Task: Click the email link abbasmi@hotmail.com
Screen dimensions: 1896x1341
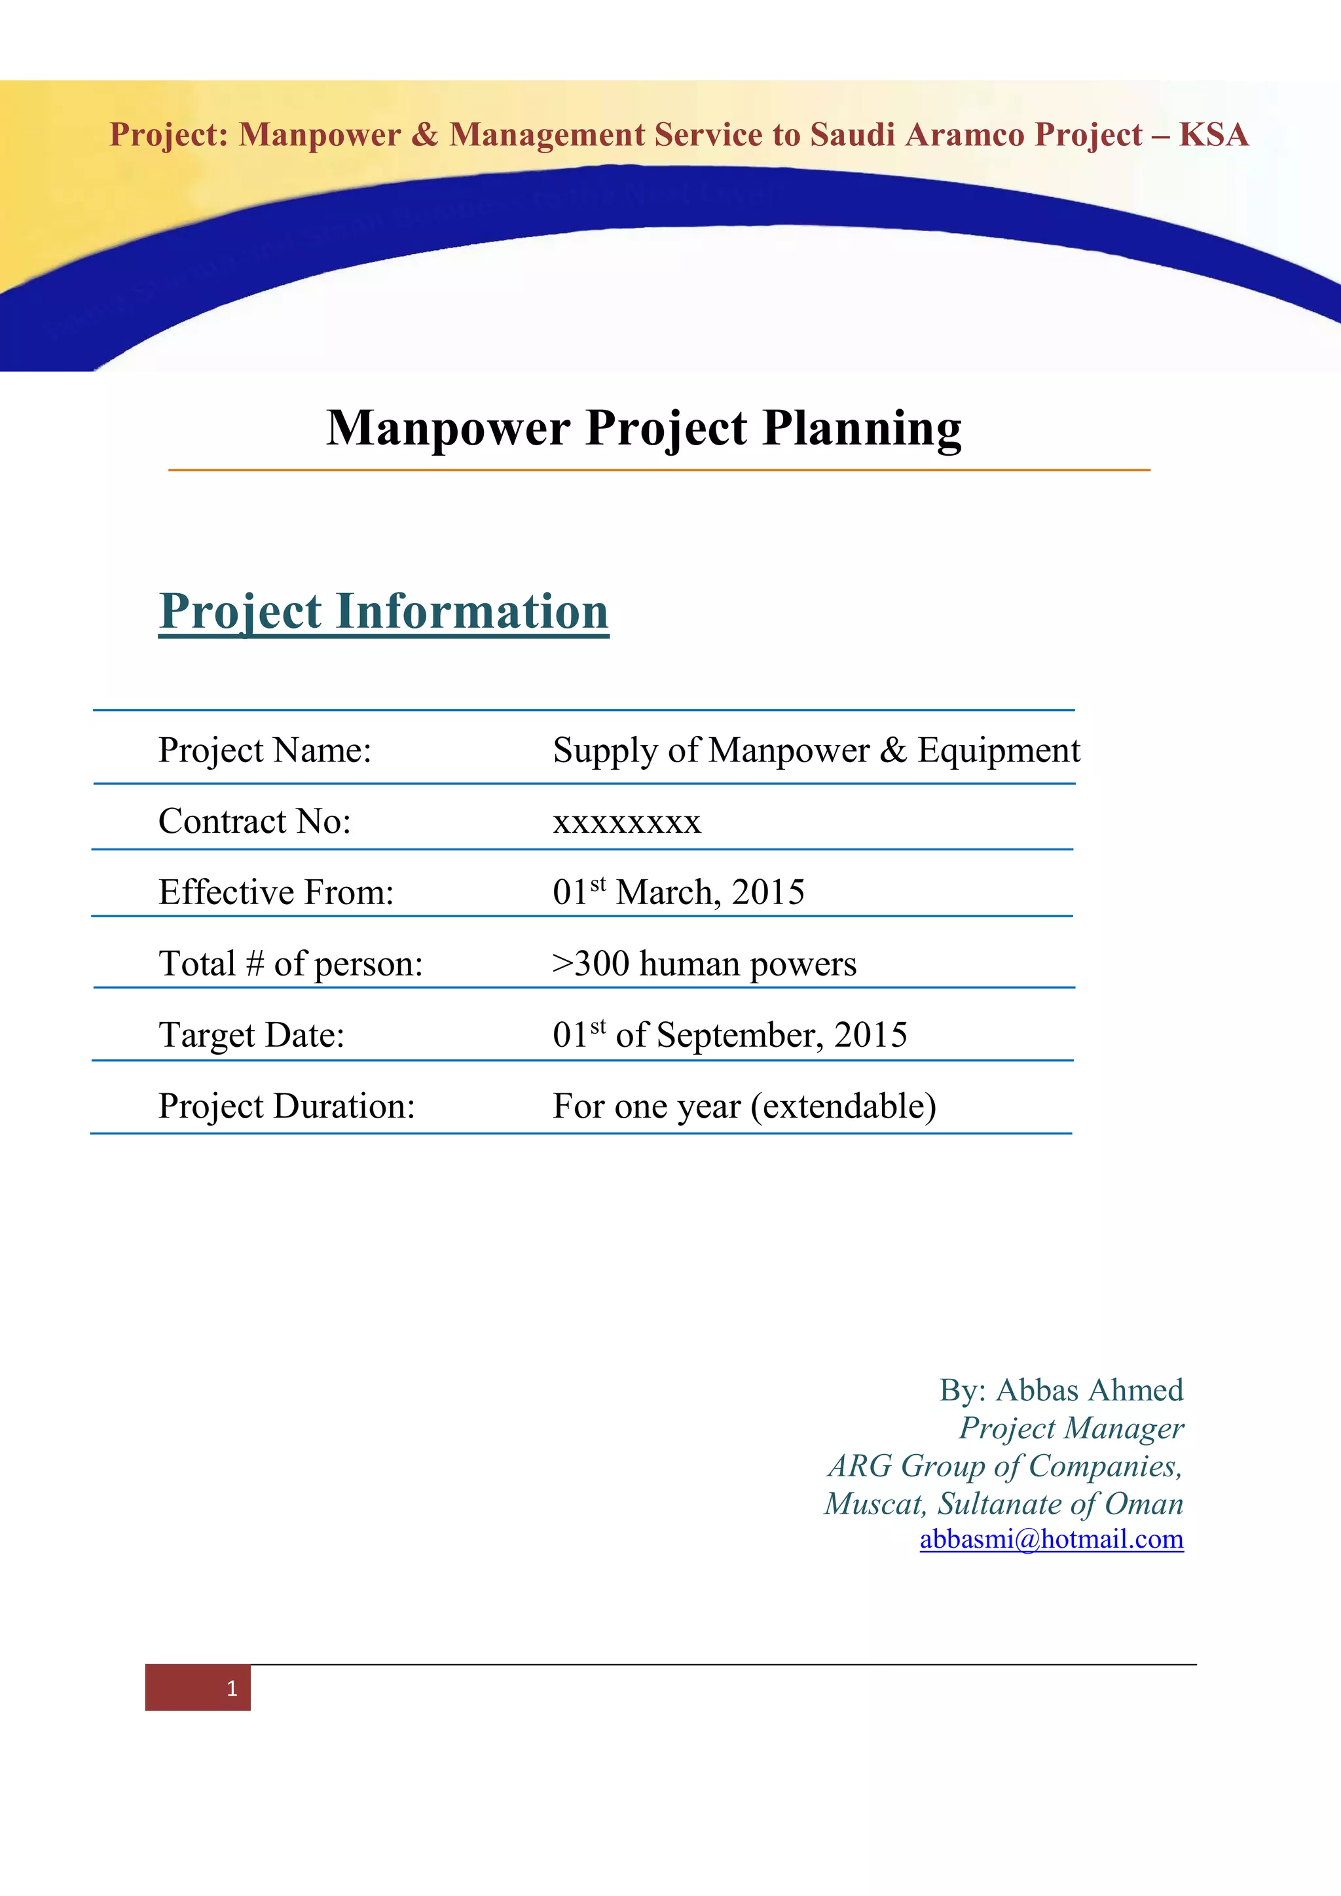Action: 1051,1539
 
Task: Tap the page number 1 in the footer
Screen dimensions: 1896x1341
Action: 232,1688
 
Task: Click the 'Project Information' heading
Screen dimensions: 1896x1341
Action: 383,612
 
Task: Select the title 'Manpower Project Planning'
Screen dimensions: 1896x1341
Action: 644,429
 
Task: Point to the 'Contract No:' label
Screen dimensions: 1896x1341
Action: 254,822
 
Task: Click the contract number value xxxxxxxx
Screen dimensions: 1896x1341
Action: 627,822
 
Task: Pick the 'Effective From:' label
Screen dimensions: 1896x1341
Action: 276,892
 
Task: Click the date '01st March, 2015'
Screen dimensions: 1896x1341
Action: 678,892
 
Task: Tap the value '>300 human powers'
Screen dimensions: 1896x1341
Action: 705,964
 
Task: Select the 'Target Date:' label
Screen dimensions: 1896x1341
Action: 251,1034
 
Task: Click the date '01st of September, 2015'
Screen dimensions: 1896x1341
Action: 730,1034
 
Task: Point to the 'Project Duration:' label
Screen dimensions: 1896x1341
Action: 287,1106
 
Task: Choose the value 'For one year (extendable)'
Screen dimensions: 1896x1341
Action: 744,1106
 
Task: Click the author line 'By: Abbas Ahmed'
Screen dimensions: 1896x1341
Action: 1061,1390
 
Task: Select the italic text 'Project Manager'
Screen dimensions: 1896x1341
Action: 1071,1428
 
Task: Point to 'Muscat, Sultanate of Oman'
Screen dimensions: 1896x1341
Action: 1003,1504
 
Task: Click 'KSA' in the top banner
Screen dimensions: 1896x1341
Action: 1213,135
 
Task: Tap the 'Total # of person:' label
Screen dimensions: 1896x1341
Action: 291,964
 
